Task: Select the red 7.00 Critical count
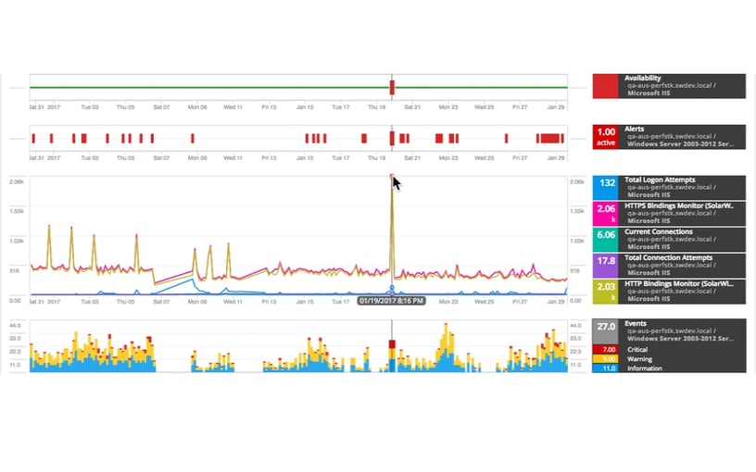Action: coord(610,350)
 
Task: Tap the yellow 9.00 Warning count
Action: coord(610,359)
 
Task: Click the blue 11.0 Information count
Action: coord(610,368)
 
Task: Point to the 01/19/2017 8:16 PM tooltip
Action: coord(391,301)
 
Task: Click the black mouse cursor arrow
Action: coord(396,182)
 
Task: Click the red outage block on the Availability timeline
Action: coord(392,88)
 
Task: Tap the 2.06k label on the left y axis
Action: coord(16,182)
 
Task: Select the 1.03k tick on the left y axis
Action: coord(16,241)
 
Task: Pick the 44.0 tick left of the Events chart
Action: coord(16,325)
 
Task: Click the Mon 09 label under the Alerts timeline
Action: coord(197,158)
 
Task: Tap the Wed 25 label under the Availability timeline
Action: coord(484,107)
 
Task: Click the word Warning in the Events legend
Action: coord(639,359)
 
